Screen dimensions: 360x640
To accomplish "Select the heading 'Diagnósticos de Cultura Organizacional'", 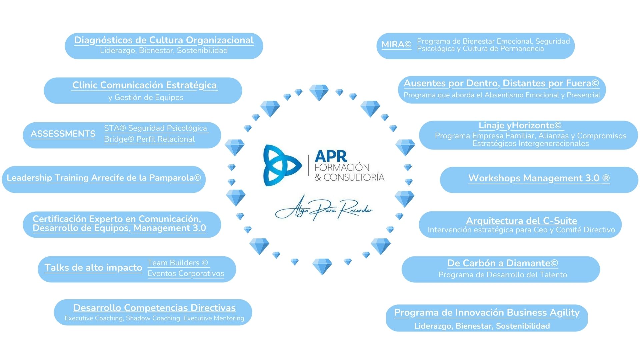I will (164, 40).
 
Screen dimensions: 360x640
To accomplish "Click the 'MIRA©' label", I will (396, 44).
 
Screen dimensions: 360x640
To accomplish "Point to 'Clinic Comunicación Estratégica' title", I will (144, 85).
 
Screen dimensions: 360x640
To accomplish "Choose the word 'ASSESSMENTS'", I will (63, 134).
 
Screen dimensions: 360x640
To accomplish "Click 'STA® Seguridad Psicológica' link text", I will (155, 128).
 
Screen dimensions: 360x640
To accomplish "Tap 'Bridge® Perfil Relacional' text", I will (149, 139).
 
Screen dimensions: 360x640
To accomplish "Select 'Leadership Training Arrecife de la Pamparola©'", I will (104, 178).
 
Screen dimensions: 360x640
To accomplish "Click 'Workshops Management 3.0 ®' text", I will (539, 178).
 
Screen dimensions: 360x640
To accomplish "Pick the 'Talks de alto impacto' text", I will (93, 267).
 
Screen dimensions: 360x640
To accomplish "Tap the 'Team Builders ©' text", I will (178, 263).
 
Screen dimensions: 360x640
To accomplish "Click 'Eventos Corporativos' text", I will (186, 273).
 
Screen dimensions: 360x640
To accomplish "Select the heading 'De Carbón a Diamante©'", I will (502, 263).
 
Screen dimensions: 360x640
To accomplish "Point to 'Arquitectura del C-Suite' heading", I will (521, 220).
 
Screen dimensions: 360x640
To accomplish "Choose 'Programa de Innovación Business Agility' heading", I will (487, 312).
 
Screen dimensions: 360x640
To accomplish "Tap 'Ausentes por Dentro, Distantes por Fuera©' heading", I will (501, 83).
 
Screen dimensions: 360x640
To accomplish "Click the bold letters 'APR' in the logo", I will (331, 156).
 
